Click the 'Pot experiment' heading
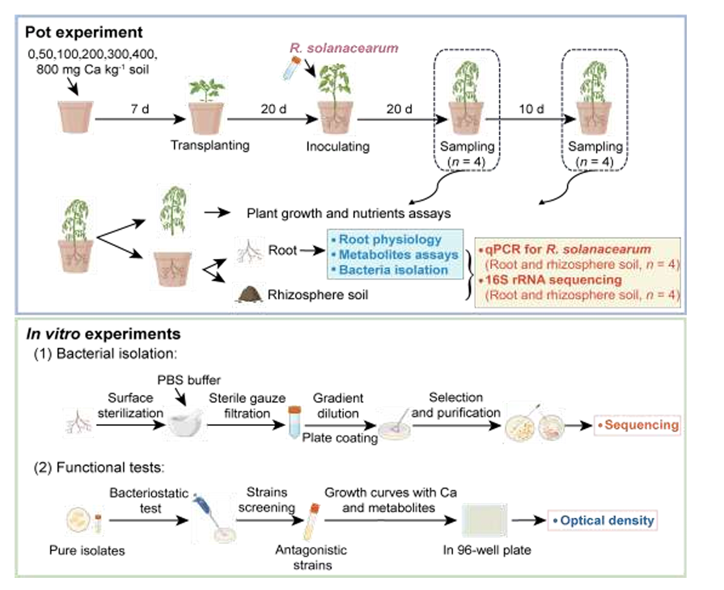83,32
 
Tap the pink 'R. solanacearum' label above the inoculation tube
344,48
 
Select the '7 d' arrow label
140,109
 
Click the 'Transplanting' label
210,145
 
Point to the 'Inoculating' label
338,146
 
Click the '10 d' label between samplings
531,109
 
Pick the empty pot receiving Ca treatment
76,117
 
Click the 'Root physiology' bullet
387,240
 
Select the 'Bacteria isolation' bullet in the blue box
390,270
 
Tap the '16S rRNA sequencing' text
550,280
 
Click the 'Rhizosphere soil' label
318,295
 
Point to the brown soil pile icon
249,295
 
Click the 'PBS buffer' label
188,380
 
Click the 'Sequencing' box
637,425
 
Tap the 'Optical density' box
603,520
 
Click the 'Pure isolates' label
87,550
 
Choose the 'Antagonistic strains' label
311,558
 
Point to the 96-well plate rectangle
485,520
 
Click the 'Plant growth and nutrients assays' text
349,214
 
